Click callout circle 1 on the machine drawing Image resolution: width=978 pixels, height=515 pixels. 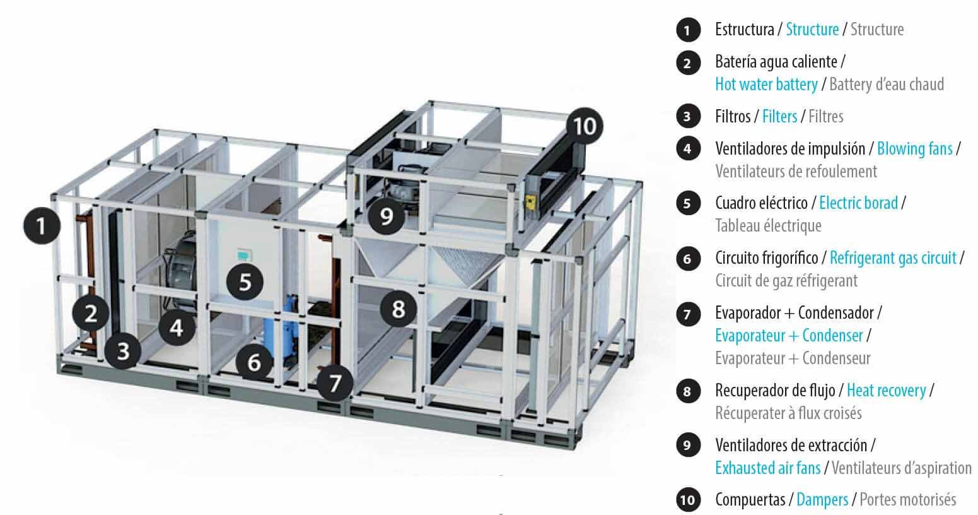42,225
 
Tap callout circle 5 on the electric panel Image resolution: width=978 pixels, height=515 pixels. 245,281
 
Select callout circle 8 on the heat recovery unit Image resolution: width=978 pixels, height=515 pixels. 398,309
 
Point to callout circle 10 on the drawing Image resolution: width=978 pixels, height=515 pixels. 585,126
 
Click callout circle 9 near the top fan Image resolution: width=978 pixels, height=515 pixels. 387,216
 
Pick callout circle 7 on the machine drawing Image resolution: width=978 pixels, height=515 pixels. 335,383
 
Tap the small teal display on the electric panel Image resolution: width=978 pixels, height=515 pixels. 242,254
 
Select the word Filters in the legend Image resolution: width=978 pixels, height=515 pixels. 780,116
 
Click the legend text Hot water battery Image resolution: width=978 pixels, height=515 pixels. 766,84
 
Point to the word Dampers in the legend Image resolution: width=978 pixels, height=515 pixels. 822,499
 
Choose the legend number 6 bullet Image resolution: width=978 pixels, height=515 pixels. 688,258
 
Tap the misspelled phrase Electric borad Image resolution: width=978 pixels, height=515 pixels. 858,203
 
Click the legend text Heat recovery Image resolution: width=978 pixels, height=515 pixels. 887,390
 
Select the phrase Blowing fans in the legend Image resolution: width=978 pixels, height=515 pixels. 915,149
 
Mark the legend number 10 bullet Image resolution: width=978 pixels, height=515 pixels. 688,500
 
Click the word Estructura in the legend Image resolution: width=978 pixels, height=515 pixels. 745,29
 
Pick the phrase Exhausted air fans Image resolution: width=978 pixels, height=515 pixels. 768,468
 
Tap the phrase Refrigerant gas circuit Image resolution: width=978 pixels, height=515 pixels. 893,258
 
